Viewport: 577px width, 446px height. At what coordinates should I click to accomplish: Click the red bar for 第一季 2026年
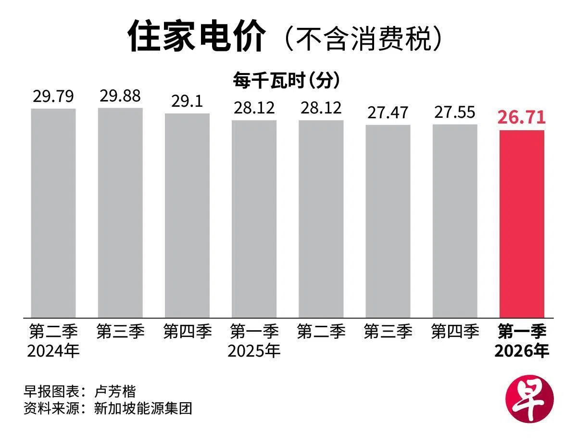click(x=522, y=223)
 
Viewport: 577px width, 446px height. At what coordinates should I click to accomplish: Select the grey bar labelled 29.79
click(x=53, y=213)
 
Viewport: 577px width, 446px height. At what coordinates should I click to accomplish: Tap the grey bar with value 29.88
click(x=120, y=212)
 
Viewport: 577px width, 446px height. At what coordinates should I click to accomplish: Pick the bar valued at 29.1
click(x=187, y=215)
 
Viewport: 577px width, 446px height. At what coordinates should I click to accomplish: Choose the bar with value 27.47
click(x=388, y=221)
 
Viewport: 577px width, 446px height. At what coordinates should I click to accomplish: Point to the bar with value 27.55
click(x=454, y=221)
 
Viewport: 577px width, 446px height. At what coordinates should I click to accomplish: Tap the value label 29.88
click(x=120, y=96)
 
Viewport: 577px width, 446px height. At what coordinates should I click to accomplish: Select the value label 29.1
click(x=187, y=101)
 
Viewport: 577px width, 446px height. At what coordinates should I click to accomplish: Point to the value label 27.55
click(x=454, y=112)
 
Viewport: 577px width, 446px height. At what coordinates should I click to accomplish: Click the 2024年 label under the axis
click(x=53, y=351)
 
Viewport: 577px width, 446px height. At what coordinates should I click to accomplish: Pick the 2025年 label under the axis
click(x=254, y=351)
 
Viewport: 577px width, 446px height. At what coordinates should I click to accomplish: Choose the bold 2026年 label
click(x=522, y=351)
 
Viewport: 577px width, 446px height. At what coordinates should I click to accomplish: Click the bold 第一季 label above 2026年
click(x=522, y=332)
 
